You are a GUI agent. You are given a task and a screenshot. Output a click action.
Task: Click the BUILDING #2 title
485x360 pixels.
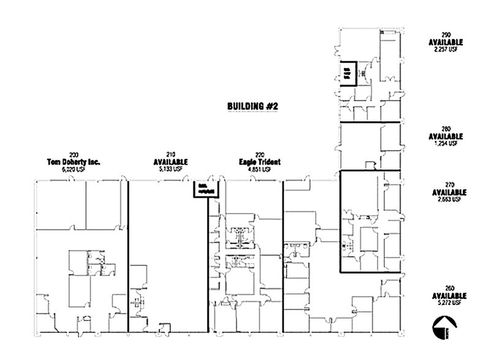tap(253, 106)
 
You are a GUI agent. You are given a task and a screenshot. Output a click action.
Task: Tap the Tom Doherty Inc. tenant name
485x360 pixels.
tap(73, 162)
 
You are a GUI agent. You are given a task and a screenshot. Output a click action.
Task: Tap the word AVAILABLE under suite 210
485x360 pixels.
tap(170, 162)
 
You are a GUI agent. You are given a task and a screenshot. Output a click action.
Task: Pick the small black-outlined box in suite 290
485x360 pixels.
tap(347, 73)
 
